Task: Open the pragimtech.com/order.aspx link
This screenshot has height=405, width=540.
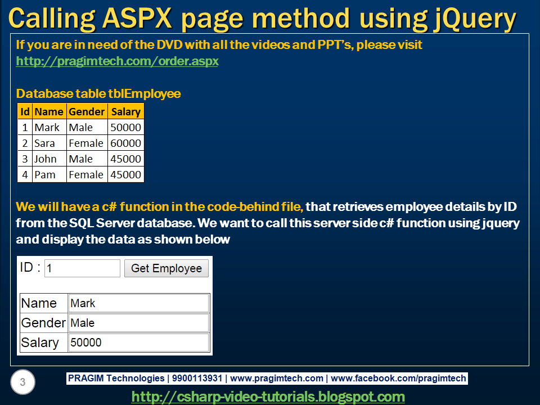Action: click(117, 61)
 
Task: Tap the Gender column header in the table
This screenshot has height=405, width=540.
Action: click(87, 111)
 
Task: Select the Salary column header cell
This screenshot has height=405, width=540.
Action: click(125, 111)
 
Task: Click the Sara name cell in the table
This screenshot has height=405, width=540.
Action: click(49, 143)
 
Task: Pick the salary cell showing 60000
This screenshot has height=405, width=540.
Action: click(125, 143)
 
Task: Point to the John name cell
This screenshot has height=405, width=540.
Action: click(49, 159)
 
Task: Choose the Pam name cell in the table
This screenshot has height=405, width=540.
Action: click(49, 175)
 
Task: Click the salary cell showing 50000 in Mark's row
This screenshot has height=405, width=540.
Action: click(125, 128)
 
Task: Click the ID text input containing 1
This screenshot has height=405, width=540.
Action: click(82, 268)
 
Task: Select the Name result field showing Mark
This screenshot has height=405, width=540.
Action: click(138, 303)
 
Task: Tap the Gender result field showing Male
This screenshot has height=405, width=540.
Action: click(138, 323)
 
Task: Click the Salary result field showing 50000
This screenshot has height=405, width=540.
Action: click(138, 343)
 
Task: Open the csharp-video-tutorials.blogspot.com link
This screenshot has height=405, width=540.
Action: click(268, 397)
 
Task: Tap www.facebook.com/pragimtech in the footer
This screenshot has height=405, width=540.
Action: click(400, 379)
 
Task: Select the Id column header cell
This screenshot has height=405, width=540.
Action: click(25, 111)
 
